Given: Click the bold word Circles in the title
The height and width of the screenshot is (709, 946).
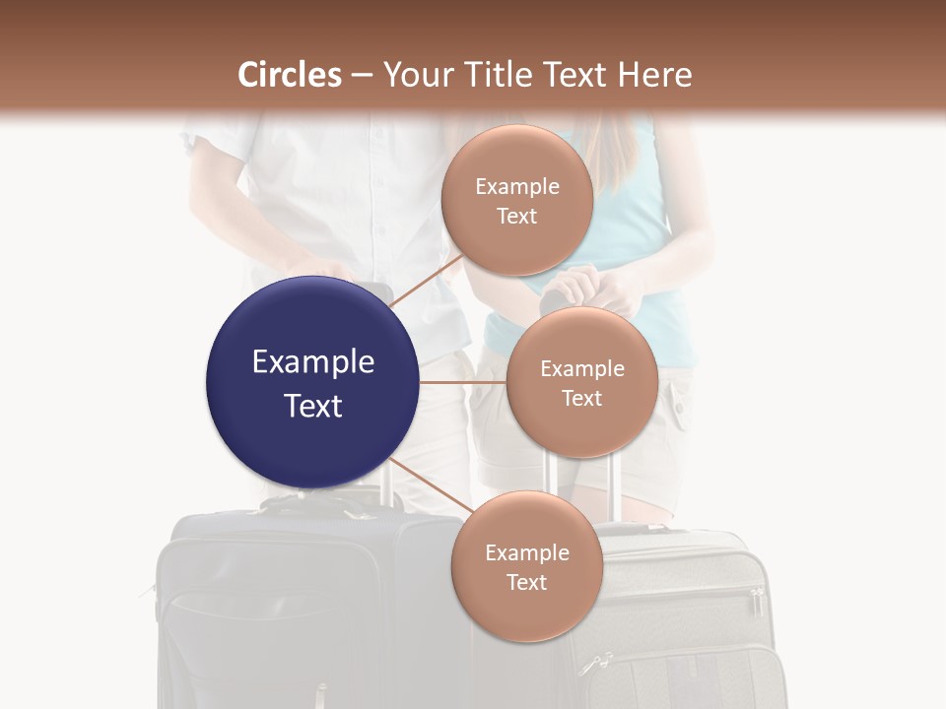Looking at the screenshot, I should [x=289, y=75].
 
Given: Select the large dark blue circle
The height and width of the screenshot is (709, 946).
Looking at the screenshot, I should [x=312, y=382].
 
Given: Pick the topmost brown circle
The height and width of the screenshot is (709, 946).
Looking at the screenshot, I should [x=516, y=200].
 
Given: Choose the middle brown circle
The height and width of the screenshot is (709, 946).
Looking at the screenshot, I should [x=581, y=382].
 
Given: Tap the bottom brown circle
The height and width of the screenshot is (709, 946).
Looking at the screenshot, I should [x=526, y=566].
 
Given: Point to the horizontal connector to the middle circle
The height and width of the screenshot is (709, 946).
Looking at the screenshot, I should [x=461, y=382].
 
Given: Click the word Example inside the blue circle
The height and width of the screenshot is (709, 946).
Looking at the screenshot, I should [x=312, y=362].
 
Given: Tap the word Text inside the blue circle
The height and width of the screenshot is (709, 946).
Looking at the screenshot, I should [x=312, y=406].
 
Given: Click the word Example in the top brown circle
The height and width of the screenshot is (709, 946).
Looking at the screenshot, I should [x=516, y=186].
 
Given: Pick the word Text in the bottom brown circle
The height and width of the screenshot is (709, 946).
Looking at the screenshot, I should [x=526, y=582].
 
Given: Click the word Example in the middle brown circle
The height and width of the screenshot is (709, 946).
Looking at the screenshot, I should [x=581, y=369].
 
